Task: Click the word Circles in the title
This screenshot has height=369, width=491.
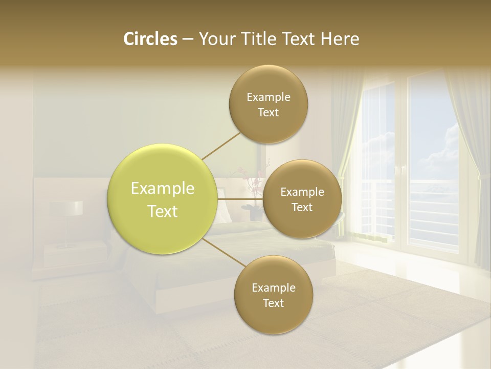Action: point(150,39)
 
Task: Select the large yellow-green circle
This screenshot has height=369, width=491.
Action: point(162,199)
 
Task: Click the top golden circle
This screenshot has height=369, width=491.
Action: point(268,105)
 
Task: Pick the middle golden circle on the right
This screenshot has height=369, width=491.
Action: point(302,199)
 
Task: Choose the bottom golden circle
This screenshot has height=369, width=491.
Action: point(273,295)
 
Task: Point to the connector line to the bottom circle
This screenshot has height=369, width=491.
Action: point(223,252)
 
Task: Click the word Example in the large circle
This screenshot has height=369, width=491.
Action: point(162,189)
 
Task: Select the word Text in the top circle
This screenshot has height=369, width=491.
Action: point(268,113)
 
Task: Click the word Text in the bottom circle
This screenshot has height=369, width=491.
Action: point(273,303)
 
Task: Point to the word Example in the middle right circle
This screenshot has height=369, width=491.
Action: point(302,192)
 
